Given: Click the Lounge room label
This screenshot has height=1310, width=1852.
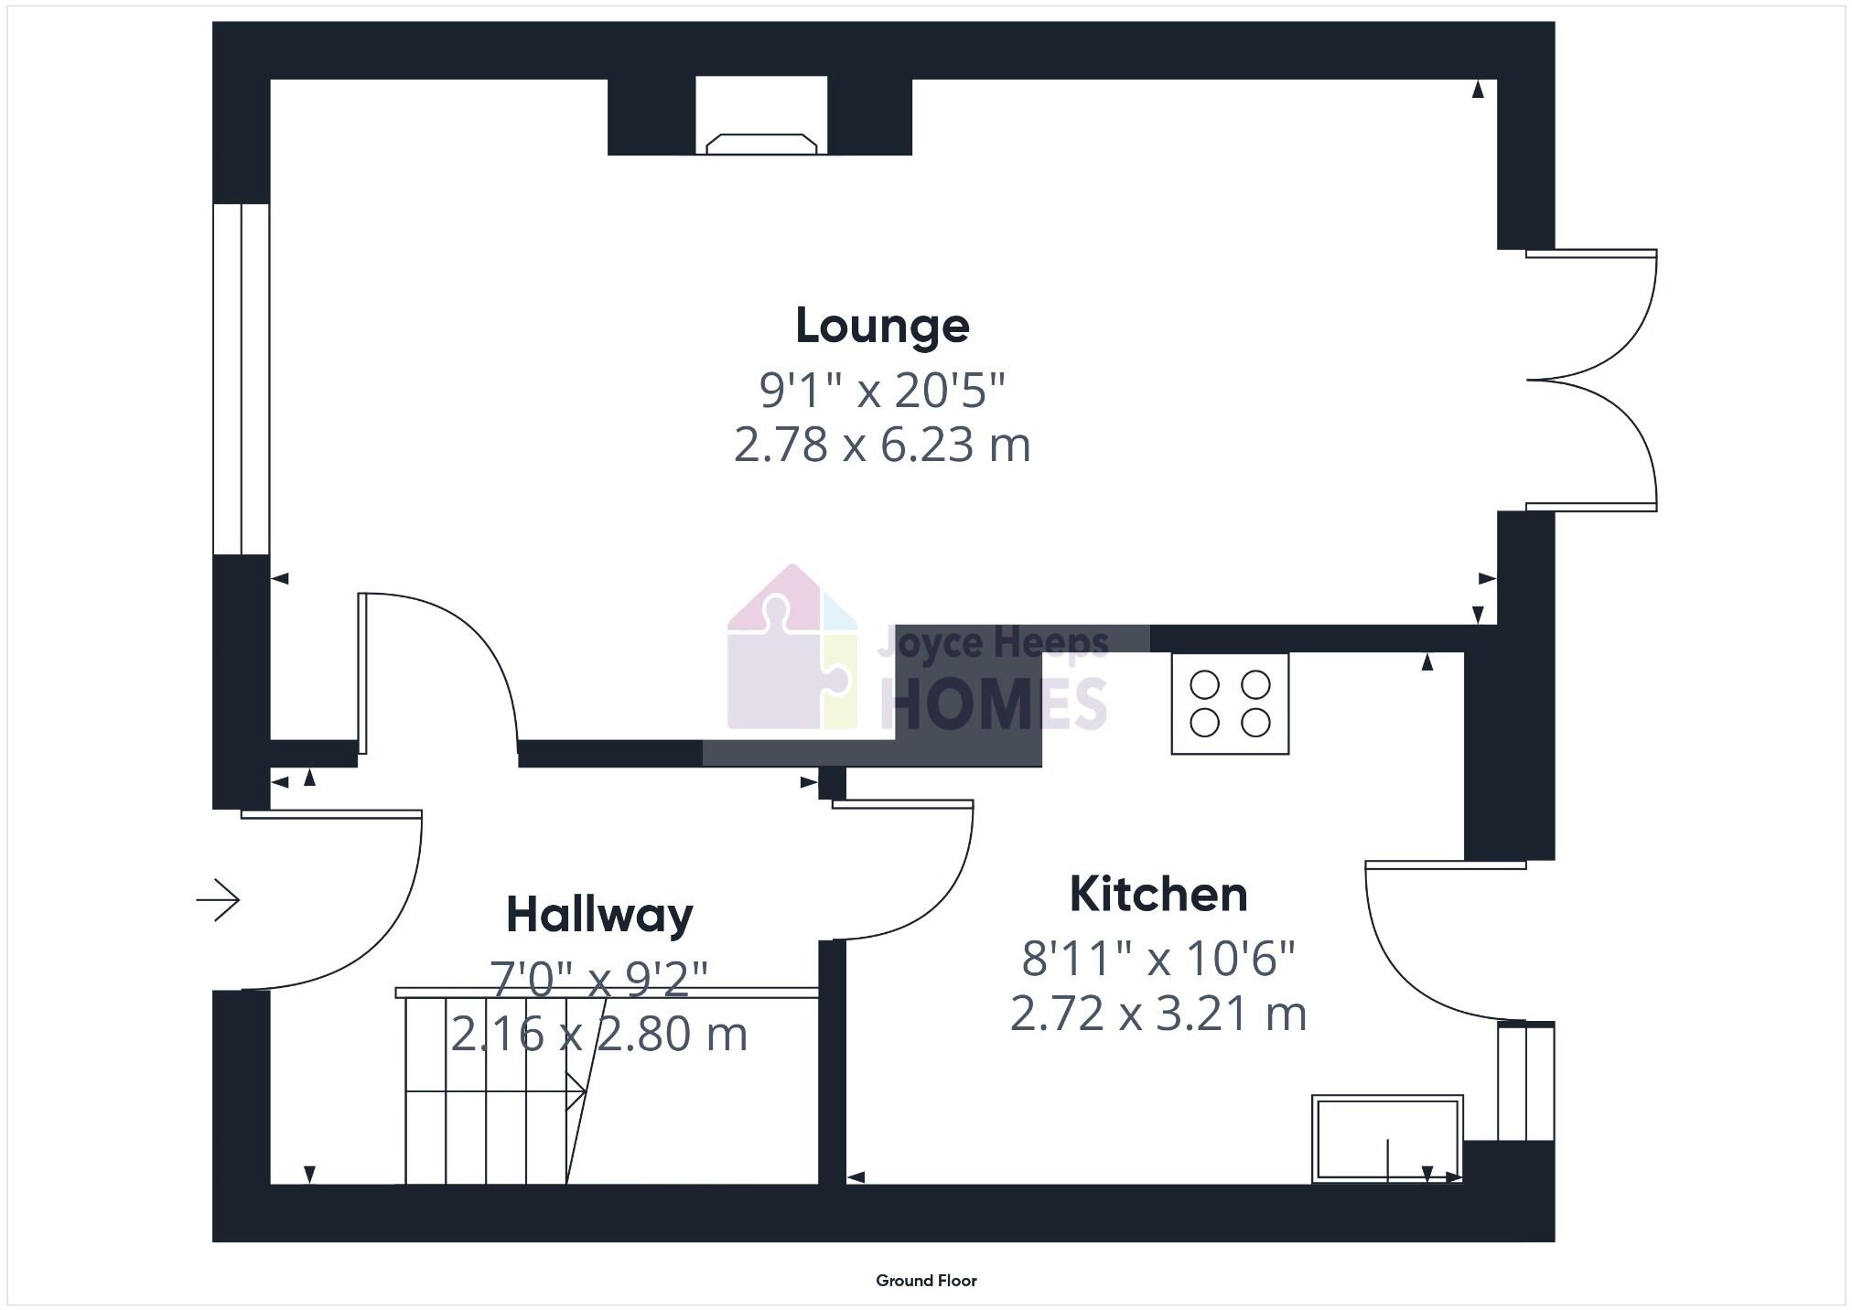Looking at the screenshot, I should pyautogui.click(x=882, y=327).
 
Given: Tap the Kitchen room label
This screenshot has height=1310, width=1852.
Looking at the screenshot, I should pyautogui.click(x=1158, y=895).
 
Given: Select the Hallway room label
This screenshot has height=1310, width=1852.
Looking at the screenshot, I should pyautogui.click(x=599, y=915).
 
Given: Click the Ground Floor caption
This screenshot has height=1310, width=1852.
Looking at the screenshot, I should pyautogui.click(x=926, y=1281).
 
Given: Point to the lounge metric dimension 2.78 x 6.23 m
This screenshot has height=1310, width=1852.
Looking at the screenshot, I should pyautogui.click(x=882, y=446).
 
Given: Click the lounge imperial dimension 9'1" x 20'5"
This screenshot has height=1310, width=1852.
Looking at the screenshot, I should pyautogui.click(x=882, y=391).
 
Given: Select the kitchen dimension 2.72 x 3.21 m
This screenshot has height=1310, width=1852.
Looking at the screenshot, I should pyautogui.click(x=1158, y=1015).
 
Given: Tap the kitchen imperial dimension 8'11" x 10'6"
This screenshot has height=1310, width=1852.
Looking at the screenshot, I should pyautogui.click(x=1158, y=959).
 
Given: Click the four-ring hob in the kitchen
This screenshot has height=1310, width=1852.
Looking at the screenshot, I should pyautogui.click(x=1230, y=703).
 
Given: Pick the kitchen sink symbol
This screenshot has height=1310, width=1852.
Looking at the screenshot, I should pyautogui.click(x=1386, y=1138).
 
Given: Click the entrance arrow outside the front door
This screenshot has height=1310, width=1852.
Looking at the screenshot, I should pyautogui.click(x=218, y=900).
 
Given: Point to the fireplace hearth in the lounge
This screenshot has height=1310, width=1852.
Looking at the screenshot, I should pyautogui.click(x=761, y=144).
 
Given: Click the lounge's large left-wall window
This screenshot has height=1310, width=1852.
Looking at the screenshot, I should pyautogui.click(x=241, y=379).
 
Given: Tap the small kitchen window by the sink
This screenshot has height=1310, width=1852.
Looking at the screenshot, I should pyautogui.click(x=1525, y=1082).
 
